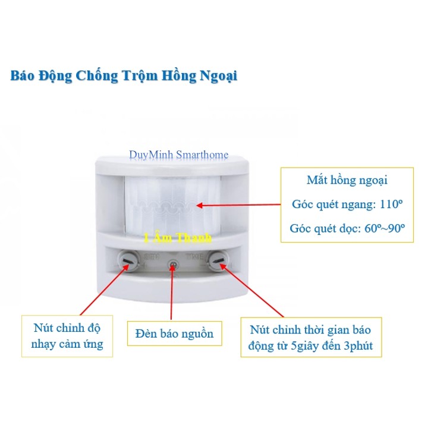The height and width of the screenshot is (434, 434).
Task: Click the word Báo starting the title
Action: click(x=24, y=77)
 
